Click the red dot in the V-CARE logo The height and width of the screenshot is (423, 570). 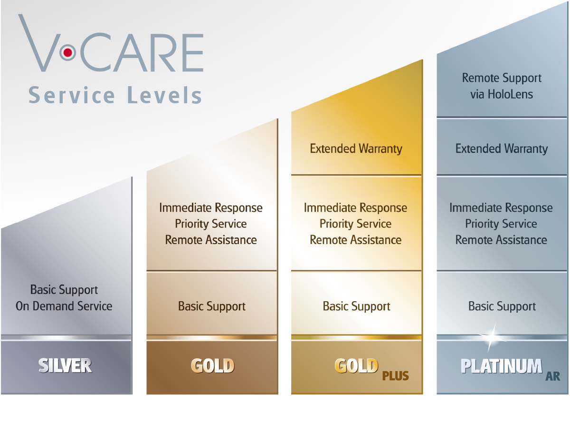click(x=67, y=52)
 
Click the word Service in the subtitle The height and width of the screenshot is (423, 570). click(x=72, y=95)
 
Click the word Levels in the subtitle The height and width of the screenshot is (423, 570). click(x=164, y=95)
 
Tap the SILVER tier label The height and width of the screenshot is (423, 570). click(x=65, y=365)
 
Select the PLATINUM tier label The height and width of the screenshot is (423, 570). click(x=502, y=366)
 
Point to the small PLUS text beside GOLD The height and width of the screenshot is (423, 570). click(x=396, y=375)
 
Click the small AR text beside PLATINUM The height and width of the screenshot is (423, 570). click(x=552, y=376)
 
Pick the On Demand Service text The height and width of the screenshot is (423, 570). click(x=64, y=306)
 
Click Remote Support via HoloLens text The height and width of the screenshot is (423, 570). click(x=502, y=86)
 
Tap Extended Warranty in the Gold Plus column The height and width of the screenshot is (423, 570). click(x=356, y=149)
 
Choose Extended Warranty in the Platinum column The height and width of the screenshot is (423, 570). click(x=502, y=149)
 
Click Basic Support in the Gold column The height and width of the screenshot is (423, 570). click(x=212, y=306)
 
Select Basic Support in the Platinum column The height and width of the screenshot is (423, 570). click(x=502, y=306)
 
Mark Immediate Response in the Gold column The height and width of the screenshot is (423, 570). click(x=211, y=208)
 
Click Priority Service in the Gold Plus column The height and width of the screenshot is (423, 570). click(x=356, y=224)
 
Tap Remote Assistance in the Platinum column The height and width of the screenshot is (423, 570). click(x=501, y=240)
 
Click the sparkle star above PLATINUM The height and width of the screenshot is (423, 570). click(x=492, y=336)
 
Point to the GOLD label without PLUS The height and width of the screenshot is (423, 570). click(x=212, y=365)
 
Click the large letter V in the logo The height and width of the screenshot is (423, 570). click(x=39, y=43)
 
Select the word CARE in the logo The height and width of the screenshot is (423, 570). click(x=142, y=52)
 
